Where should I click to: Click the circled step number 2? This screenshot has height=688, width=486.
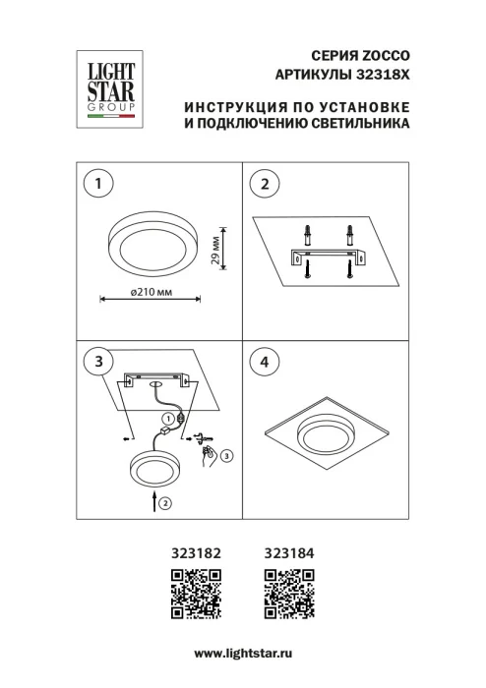(264, 183)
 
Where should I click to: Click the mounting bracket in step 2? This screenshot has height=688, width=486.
(328, 257)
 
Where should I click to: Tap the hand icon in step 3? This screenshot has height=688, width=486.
(209, 454)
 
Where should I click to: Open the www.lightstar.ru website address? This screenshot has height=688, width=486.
(244, 654)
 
